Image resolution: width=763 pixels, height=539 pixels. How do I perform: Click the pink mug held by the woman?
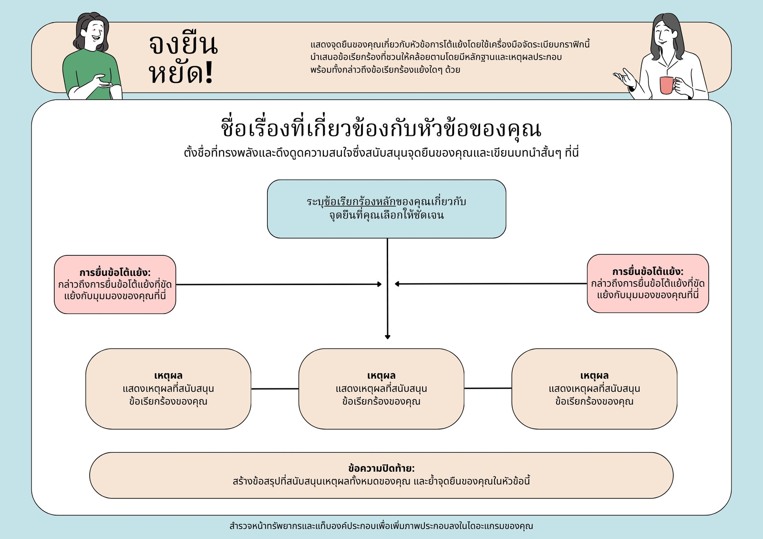667,85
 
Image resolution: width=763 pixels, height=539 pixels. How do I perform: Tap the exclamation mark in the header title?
209,73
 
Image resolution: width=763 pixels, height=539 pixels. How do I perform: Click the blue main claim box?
387,209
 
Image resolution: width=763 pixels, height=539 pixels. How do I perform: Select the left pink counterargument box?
115,285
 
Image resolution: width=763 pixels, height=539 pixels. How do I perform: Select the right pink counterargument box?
648,283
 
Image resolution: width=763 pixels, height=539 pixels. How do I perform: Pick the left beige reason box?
168,388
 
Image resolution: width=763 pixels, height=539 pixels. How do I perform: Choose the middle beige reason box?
381,388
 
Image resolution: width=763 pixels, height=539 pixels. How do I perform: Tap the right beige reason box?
594,388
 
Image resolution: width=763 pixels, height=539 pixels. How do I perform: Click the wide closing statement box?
381,475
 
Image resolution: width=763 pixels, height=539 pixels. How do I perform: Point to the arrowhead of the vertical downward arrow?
387,337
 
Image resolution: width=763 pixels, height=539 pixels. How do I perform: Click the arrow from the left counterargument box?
279,285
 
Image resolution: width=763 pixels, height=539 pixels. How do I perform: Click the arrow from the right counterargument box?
491,284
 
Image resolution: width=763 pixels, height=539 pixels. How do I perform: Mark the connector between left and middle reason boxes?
275,388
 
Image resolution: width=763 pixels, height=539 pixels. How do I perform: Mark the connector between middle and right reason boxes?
488,388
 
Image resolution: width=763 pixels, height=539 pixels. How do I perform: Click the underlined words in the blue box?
360,202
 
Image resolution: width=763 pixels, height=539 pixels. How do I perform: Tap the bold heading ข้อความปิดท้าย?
381,468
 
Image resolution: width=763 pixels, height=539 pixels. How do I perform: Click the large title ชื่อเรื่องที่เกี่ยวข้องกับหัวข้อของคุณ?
381,129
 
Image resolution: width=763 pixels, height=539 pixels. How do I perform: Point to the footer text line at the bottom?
381,526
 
